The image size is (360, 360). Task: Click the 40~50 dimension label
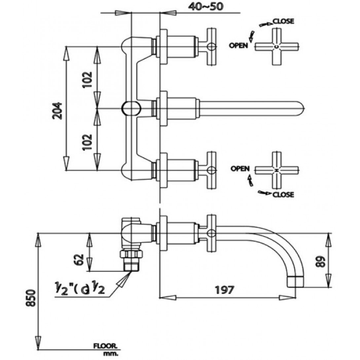point(205,6)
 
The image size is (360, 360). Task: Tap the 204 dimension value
point(57,111)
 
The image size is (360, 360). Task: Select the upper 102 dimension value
point(87,80)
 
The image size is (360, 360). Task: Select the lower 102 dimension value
point(87,142)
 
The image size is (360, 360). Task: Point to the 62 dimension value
point(79,260)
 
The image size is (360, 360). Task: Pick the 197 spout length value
point(225,290)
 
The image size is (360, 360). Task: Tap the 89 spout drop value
point(321,262)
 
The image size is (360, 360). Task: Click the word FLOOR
point(105,346)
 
